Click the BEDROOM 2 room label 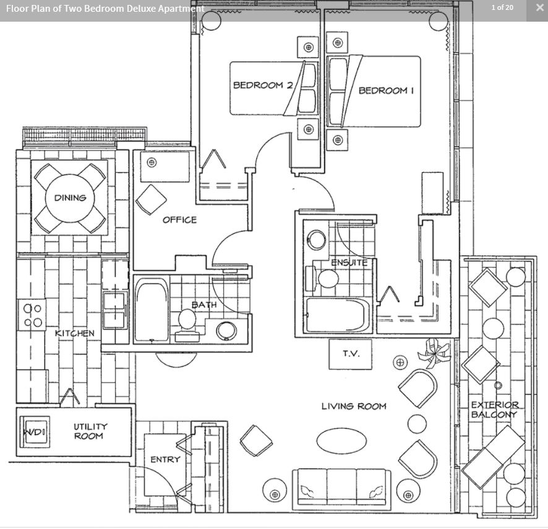pos(263,85)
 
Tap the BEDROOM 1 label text pos(386,90)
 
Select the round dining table pos(70,198)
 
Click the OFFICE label pos(179,220)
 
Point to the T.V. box pos(350,354)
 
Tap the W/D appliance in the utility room pos(35,432)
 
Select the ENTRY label pos(165,460)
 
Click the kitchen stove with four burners pos(32,315)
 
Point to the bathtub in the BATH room pos(152,310)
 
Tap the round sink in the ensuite pos(316,240)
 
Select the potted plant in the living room pos(434,354)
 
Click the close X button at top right pos(540,7)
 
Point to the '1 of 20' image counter pos(502,7)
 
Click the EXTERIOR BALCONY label pos(495,409)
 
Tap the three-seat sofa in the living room pos(342,487)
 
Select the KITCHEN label pos(75,333)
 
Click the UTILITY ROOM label pos(89,431)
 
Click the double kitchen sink pos(114,310)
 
